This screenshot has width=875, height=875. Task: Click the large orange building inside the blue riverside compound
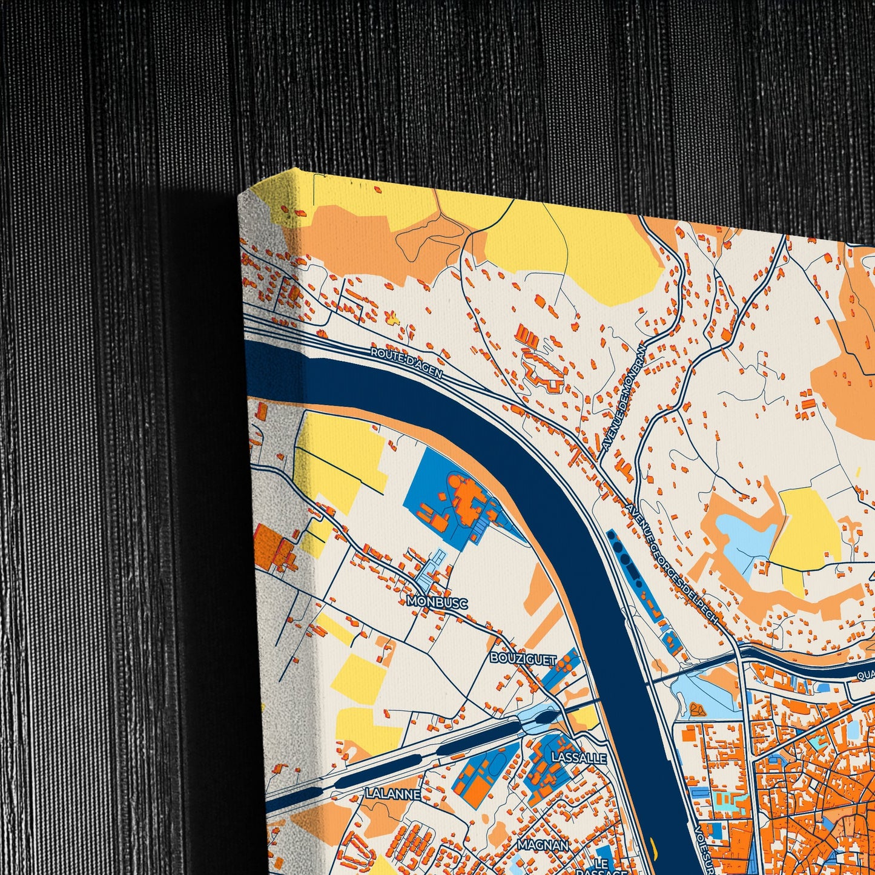(467, 497)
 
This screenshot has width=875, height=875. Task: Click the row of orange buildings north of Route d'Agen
(527, 335)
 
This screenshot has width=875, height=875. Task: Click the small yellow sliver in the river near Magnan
(652, 842)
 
